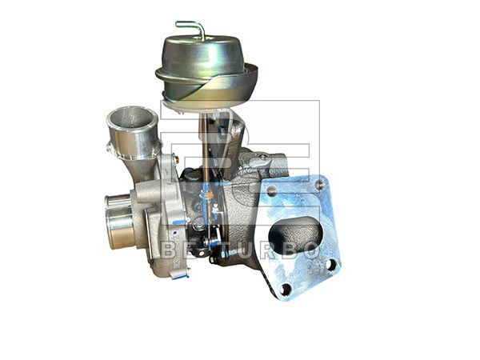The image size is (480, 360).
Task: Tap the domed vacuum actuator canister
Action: pos(197,56)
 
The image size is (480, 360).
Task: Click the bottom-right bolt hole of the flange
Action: pos(331,264)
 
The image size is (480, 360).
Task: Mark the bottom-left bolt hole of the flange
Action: pos(286,290)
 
